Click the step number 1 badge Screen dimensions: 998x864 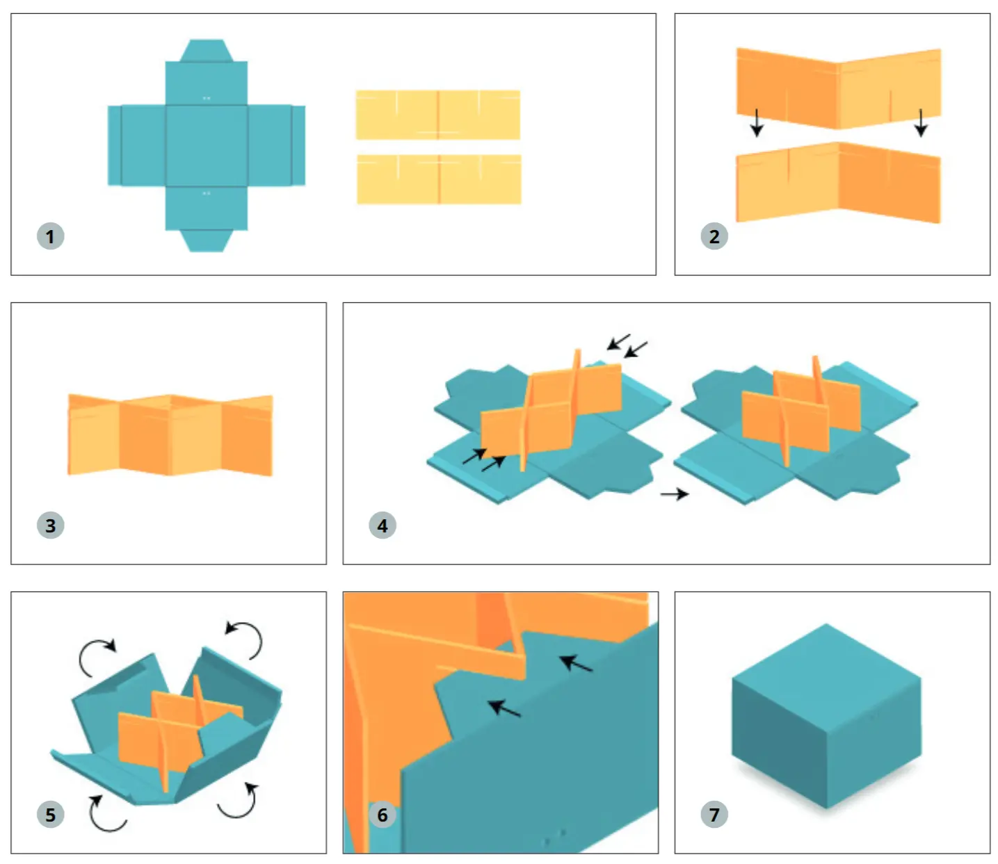coord(50,236)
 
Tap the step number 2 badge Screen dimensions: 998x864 coord(714,236)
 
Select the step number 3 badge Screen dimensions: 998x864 coord(50,525)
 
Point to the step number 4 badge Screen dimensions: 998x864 coord(382,525)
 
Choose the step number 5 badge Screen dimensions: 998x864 coord(50,814)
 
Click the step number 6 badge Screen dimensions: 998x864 coord(382,814)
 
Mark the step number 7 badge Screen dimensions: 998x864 coord(714,814)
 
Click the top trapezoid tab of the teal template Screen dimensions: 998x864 coord(206,50)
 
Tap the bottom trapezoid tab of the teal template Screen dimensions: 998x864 coord(206,241)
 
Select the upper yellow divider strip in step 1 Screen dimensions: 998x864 coord(437,115)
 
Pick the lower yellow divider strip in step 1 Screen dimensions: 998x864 coord(438,179)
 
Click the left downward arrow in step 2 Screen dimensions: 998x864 coord(756,122)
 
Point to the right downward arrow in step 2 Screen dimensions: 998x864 coord(920,122)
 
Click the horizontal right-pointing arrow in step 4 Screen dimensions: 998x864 coord(674,494)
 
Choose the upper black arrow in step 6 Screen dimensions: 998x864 coord(575,663)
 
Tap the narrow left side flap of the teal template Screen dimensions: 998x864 coord(115,145)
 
